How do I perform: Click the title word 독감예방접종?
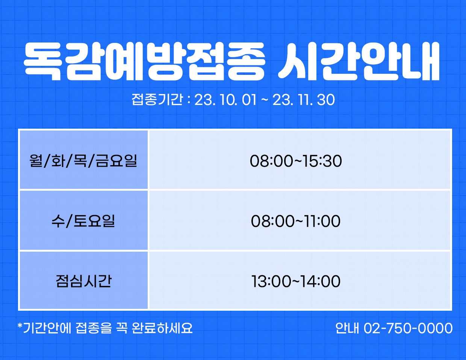click(x=144, y=62)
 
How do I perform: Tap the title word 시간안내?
click(x=359, y=62)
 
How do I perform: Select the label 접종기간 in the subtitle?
click(x=157, y=100)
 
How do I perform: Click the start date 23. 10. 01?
click(x=225, y=100)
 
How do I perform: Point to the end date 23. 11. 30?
click(x=304, y=100)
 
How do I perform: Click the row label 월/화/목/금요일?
click(x=83, y=160)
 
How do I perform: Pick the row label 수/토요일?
click(x=83, y=221)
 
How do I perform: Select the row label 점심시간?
click(x=84, y=281)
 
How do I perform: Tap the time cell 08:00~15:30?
click(x=296, y=161)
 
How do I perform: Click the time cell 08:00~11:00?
click(x=296, y=221)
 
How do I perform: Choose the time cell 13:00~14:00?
click(x=296, y=281)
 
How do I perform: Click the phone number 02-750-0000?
click(x=408, y=328)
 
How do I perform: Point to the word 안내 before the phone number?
click(x=347, y=328)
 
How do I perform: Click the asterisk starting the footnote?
click(x=20, y=325)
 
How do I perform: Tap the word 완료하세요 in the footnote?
click(x=162, y=328)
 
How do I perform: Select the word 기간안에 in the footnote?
click(x=47, y=328)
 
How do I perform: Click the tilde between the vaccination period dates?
click(x=265, y=100)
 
